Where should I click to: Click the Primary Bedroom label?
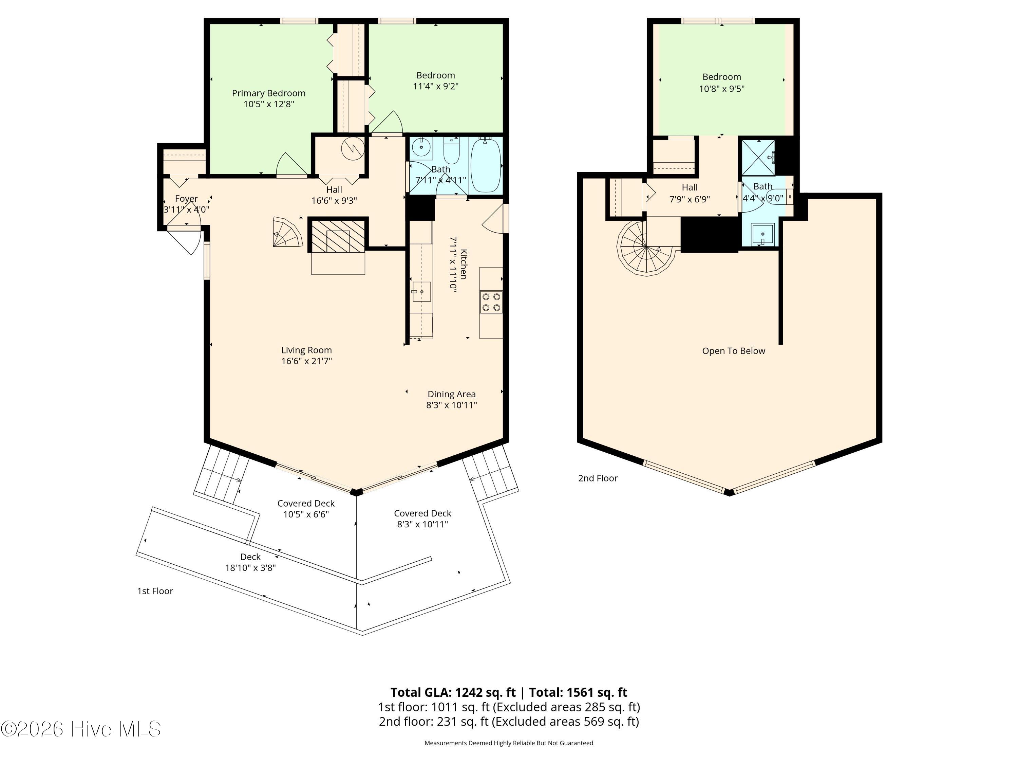[268, 93]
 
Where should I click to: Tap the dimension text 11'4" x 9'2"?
[435, 86]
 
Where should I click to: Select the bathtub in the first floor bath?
[486, 166]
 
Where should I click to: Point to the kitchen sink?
[421, 291]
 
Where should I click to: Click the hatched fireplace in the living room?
[338, 235]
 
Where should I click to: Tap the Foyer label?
[186, 199]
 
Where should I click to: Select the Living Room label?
[306, 350]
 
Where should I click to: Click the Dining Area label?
[451, 394]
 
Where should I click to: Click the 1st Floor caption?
[155, 591]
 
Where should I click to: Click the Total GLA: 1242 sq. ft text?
[453, 692]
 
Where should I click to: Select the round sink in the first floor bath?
[421, 148]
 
